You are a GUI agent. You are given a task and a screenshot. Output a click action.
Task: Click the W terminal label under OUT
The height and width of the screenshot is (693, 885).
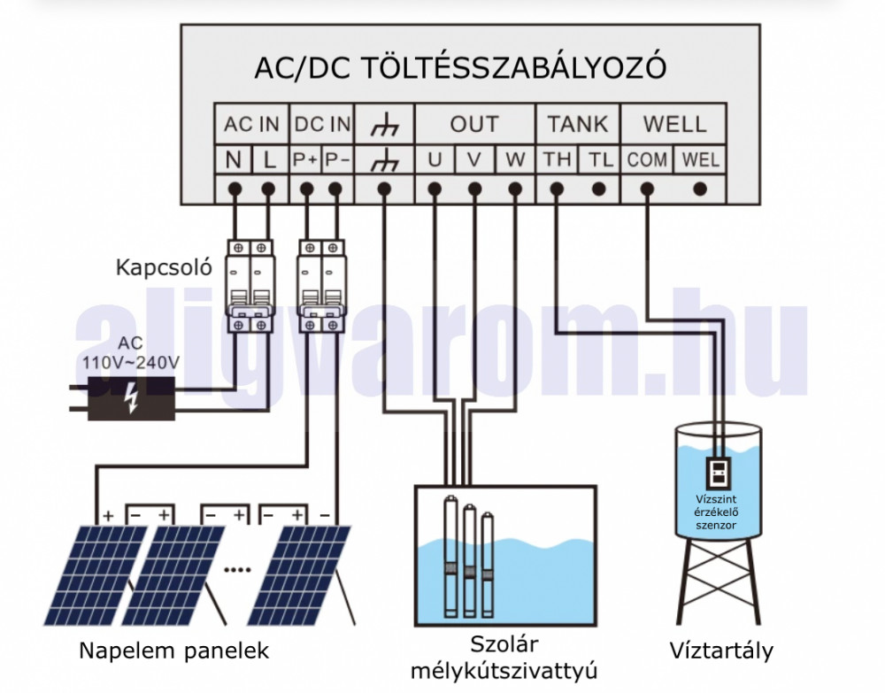point(514,160)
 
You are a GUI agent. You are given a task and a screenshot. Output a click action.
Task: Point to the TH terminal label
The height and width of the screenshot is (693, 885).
point(558,160)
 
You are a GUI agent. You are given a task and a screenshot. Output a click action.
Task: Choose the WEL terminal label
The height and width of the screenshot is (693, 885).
point(701,160)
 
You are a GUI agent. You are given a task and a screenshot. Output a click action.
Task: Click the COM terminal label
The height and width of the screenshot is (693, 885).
point(647,160)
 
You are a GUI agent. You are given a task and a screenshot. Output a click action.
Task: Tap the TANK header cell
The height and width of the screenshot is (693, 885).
point(578,125)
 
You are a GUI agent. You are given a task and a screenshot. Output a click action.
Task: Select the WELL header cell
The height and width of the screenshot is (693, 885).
point(674,125)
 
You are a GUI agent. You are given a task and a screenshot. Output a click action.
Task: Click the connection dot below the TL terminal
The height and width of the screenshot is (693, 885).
point(599,189)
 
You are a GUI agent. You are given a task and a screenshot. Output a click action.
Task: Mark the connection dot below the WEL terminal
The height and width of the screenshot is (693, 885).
point(701,189)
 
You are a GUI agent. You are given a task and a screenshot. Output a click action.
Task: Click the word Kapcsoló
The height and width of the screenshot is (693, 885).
point(164,267)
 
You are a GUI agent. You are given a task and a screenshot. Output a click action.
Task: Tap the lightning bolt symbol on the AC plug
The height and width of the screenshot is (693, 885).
point(131,398)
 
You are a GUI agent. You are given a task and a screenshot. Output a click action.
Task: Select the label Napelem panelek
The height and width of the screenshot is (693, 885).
point(173,651)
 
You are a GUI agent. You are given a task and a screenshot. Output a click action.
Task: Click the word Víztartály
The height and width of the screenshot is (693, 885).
point(721,651)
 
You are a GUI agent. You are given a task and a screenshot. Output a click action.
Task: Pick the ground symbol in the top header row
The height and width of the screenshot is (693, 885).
point(384,125)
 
